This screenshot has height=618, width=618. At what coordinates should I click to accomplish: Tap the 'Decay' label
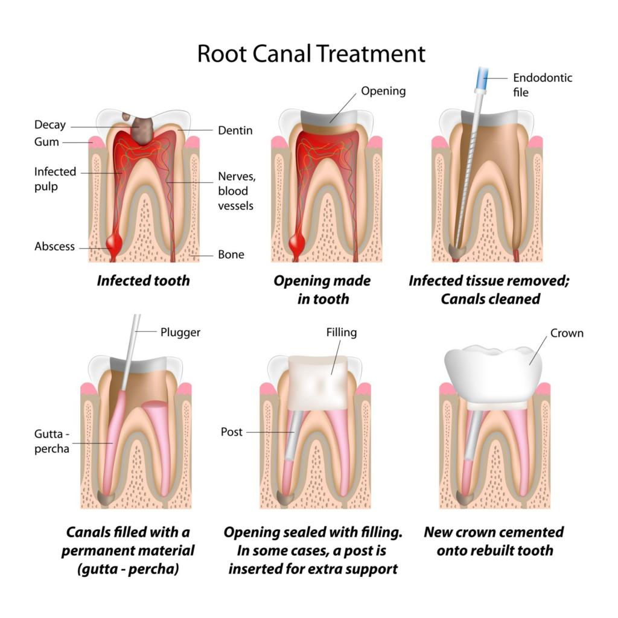[x=49, y=126]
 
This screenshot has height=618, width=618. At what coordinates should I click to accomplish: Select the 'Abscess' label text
[x=54, y=246]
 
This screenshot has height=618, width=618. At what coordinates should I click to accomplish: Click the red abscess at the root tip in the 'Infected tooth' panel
[x=113, y=243]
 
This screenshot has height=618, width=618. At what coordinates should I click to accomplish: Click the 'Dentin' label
[x=235, y=130]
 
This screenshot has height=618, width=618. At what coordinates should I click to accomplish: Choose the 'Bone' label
[x=231, y=255]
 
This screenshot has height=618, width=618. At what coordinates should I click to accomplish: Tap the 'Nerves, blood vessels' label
[x=235, y=191]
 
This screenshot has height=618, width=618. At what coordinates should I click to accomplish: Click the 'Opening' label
[x=383, y=91]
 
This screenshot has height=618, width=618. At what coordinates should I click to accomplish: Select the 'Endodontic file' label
[x=542, y=84]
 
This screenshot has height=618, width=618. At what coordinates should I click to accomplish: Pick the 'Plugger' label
[x=180, y=332]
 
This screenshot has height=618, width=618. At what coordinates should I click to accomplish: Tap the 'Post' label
[x=232, y=432]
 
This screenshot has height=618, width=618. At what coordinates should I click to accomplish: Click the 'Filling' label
[x=341, y=333]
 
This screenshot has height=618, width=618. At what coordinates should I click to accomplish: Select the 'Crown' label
[x=567, y=333]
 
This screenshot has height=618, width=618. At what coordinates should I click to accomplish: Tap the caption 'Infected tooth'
[x=143, y=281]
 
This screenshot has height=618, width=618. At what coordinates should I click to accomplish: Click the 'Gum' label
[x=47, y=142]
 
